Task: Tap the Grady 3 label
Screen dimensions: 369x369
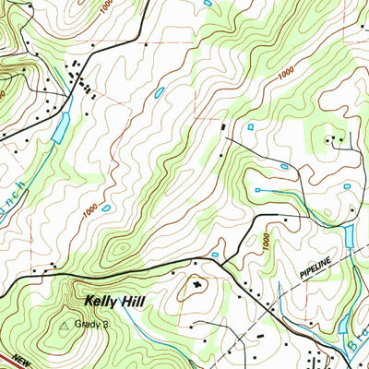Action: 92,324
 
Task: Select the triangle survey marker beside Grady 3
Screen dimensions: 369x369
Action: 65,325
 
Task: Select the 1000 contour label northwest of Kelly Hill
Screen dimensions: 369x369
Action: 89,210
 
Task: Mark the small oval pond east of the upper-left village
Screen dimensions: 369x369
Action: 160,93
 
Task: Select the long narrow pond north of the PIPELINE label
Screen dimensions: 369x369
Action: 351,237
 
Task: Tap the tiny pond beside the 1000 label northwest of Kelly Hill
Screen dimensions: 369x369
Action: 107,208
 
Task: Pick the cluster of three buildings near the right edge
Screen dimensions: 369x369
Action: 336,141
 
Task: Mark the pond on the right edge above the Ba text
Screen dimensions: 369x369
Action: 344,324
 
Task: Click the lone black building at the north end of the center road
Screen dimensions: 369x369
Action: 222,125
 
